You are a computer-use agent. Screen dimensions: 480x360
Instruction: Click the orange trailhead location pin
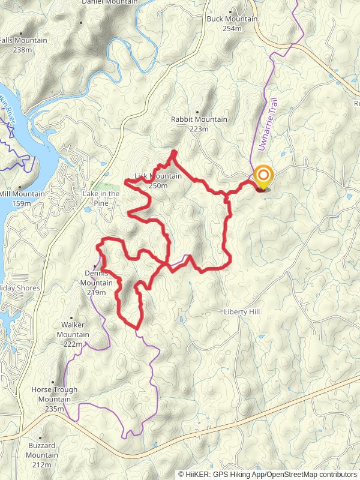(263, 177)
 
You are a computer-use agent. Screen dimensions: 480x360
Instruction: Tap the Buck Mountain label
(232, 19)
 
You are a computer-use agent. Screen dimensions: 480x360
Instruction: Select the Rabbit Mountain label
(199, 119)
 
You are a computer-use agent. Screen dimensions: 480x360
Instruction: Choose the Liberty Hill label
(241, 312)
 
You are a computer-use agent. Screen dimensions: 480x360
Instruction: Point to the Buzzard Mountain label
(42, 451)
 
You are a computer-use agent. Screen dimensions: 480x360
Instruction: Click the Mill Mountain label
(22, 194)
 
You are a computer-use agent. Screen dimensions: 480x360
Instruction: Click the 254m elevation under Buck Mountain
(232, 28)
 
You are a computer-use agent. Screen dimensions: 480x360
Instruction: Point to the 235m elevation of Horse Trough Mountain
(54, 409)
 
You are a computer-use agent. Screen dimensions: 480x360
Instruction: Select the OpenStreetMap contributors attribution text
(311, 474)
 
